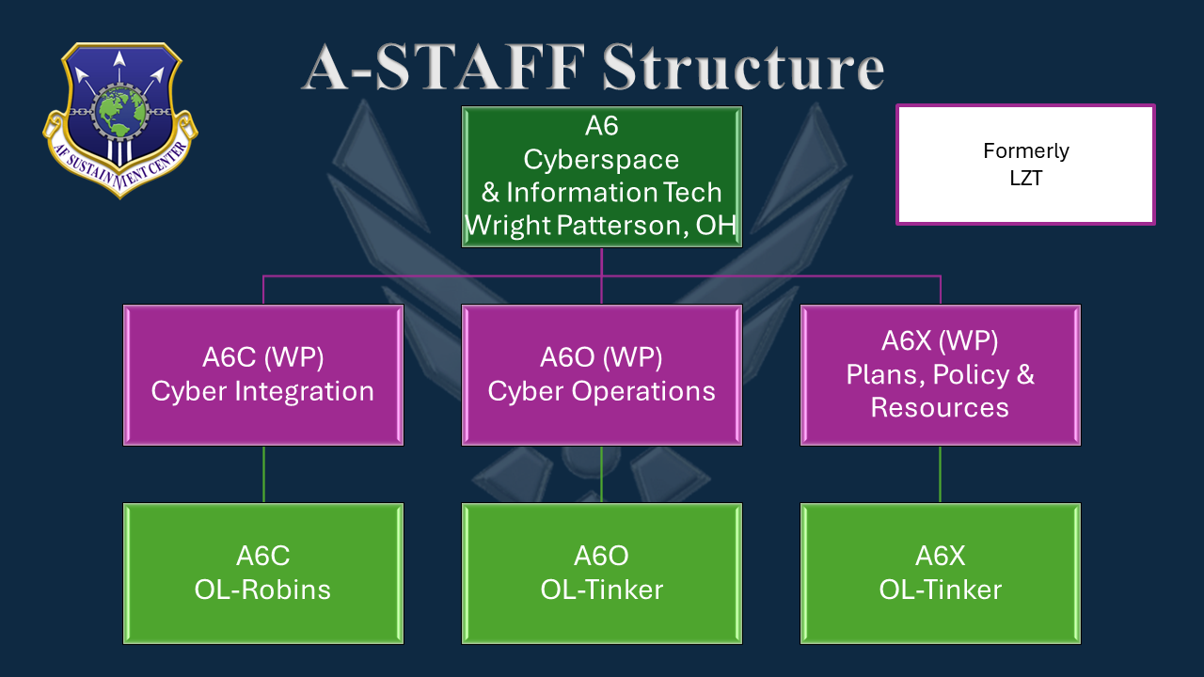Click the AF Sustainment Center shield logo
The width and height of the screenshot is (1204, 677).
119,118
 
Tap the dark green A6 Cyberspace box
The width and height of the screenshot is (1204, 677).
601,176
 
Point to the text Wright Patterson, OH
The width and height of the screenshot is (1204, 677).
601,226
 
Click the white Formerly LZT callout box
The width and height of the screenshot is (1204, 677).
1025,165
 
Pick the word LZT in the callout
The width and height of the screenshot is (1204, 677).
1025,178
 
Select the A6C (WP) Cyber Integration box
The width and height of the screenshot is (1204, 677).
262,374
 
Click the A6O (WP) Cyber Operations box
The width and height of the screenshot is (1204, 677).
601,374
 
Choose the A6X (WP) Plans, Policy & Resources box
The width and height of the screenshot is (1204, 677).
940,374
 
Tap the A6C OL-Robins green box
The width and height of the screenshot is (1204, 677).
262,573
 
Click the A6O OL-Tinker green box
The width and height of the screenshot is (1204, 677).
601,573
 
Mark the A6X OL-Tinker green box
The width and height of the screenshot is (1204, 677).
940,573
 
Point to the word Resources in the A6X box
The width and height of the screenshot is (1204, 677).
940,407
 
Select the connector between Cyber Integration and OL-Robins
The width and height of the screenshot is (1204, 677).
263,474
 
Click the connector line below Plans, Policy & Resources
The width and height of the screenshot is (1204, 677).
941,474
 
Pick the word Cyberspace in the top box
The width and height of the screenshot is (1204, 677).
601,159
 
